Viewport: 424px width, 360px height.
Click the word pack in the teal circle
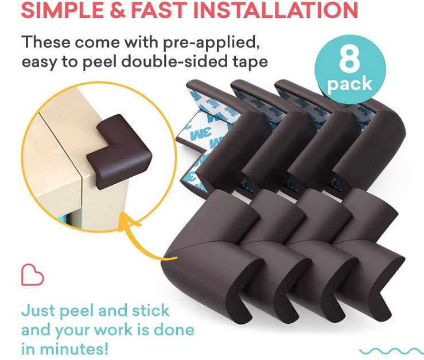click(x=349, y=84)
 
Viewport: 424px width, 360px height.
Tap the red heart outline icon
click(x=32, y=275)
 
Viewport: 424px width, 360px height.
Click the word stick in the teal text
click(x=151, y=311)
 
